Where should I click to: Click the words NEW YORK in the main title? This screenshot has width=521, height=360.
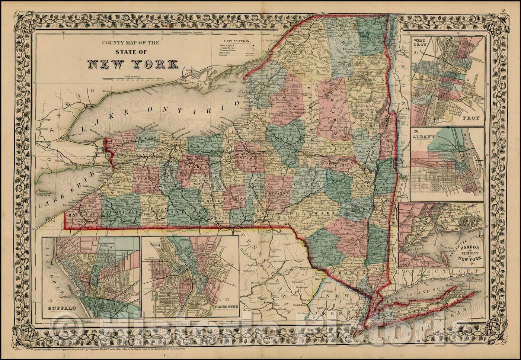point(132,64)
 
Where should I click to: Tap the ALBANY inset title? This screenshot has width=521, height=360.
point(424,136)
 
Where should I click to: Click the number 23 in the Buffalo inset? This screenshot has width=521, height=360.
point(47,300)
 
